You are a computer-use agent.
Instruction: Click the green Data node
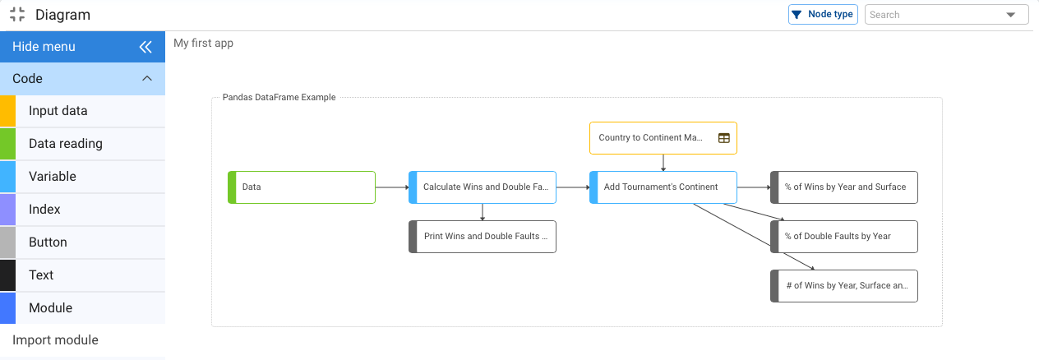pos(302,187)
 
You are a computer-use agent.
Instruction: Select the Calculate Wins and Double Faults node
pos(483,187)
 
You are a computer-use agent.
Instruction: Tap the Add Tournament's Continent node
pos(663,187)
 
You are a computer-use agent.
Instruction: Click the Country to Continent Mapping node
pos(651,138)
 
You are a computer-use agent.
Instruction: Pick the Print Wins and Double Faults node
pos(483,236)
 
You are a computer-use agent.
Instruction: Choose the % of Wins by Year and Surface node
pos(844,187)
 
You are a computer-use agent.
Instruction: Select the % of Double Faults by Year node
pos(844,236)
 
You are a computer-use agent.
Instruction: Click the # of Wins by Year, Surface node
pos(844,285)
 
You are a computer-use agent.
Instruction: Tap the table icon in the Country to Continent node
pos(723,138)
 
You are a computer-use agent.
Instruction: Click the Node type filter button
pos(823,15)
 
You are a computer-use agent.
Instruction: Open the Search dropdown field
pos(946,15)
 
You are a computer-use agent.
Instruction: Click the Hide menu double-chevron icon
pos(145,47)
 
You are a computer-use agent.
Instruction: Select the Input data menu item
pos(58,111)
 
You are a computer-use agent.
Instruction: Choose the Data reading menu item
pos(66,144)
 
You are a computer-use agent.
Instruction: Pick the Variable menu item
pos(53,177)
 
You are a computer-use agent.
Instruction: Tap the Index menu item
pos(44,210)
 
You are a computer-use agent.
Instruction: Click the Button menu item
pos(48,242)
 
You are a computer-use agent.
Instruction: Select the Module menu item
pos(50,308)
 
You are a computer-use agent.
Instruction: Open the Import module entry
pos(55,340)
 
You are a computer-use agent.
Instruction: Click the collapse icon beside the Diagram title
pos(16,15)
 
